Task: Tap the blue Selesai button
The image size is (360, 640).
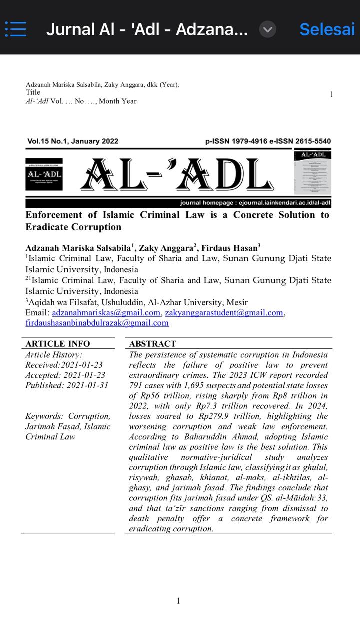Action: [x=327, y=30]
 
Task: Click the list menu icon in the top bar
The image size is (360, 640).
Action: [x=16, y=29]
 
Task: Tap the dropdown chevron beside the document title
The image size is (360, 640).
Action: [x=268, y=30]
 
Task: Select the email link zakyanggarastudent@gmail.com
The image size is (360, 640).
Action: [x=224, y=313]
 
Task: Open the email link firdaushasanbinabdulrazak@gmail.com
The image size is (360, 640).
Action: [x=97, y=323]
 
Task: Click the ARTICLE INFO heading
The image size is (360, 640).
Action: [x=58, y=344]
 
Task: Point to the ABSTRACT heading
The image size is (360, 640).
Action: [x=152, y=344]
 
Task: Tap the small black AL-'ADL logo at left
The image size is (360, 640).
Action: [x=44, y=174]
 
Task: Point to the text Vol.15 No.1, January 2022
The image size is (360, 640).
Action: [x=73, y=141]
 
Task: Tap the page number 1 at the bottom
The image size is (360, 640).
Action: [x=178, y=601]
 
